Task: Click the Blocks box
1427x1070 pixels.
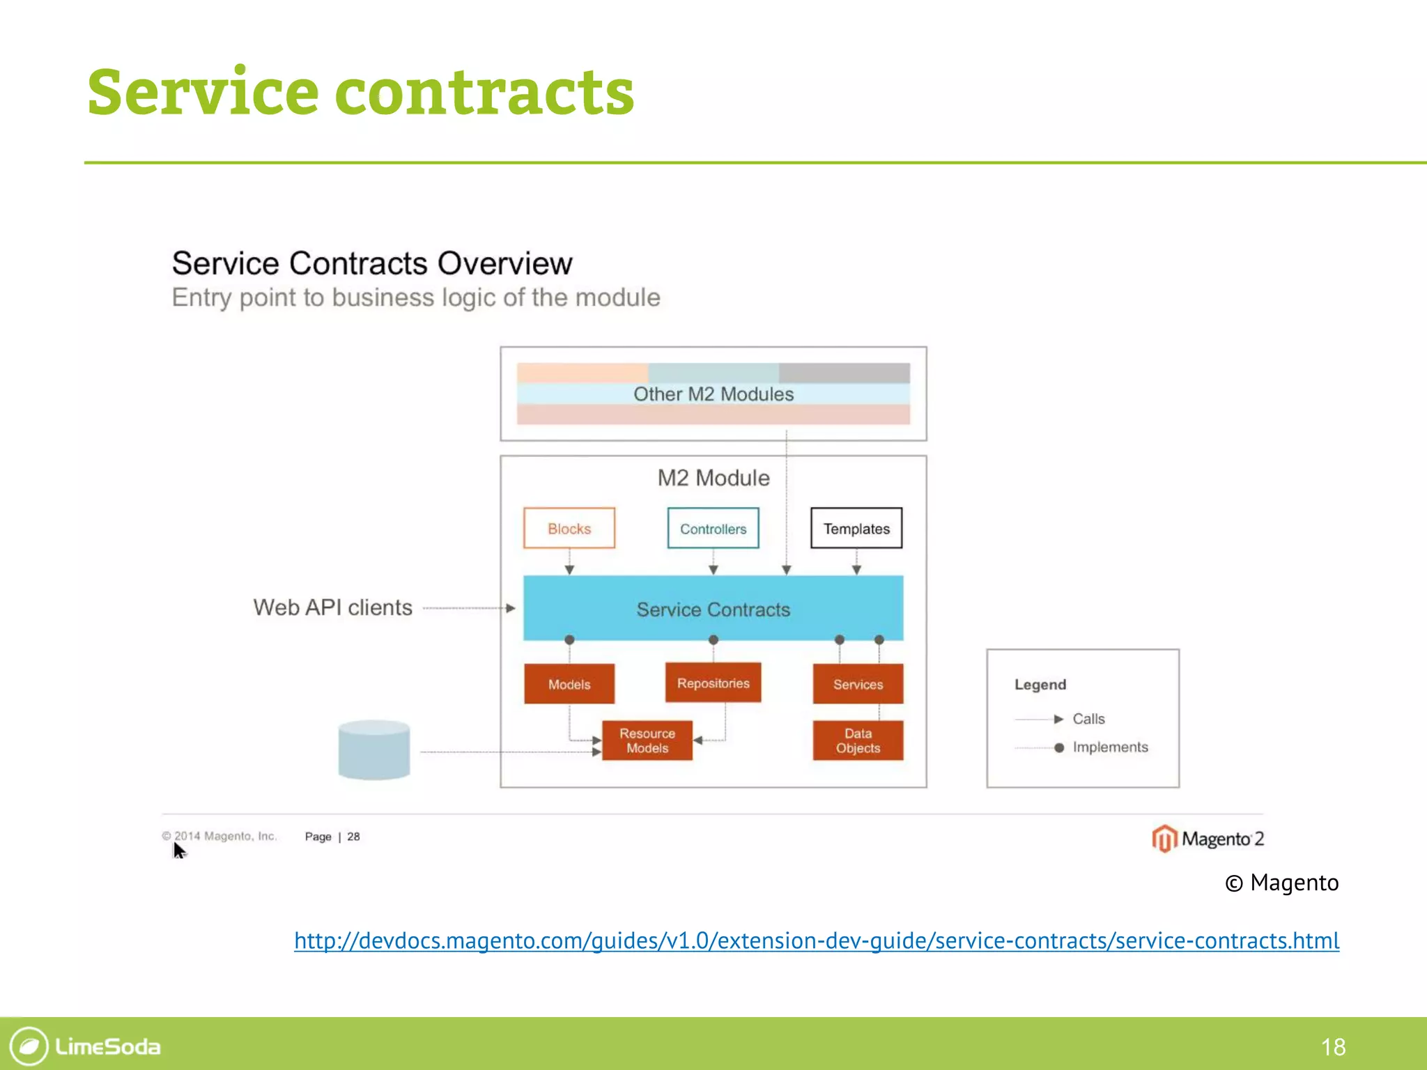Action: click(x=569, y=529)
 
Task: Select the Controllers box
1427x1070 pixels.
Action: click(x=713, y=529)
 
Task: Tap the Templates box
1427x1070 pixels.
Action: click(x=856, y=529)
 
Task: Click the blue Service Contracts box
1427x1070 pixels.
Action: click(x=713, y=609)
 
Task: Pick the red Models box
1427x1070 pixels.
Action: click(x=569, y=684)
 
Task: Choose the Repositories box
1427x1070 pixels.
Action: click(x=713, y=683)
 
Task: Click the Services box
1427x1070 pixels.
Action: click(x=858, y=684)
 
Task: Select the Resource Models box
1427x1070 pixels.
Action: click(x=647, y=741)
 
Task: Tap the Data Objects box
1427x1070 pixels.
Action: click(x=858, y=741)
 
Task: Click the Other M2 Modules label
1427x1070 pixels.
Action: click(x=713, y=394)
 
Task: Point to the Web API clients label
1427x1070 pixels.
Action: click(x=332, y=607)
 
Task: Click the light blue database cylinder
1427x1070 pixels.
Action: click(x=374, y=750)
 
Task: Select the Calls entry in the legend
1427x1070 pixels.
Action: click(x=1088, y=719)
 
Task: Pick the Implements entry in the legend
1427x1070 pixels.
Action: click(x=1109, y=747)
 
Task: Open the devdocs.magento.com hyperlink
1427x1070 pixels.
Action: click(x=816, y=940)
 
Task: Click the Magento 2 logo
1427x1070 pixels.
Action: click(x=1208, y=839)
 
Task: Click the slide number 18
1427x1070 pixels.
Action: click(x=1333, y=1046)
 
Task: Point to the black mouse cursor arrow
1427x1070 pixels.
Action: click(x=178, y=850)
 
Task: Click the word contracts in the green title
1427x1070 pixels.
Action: click(x=484, y=92)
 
